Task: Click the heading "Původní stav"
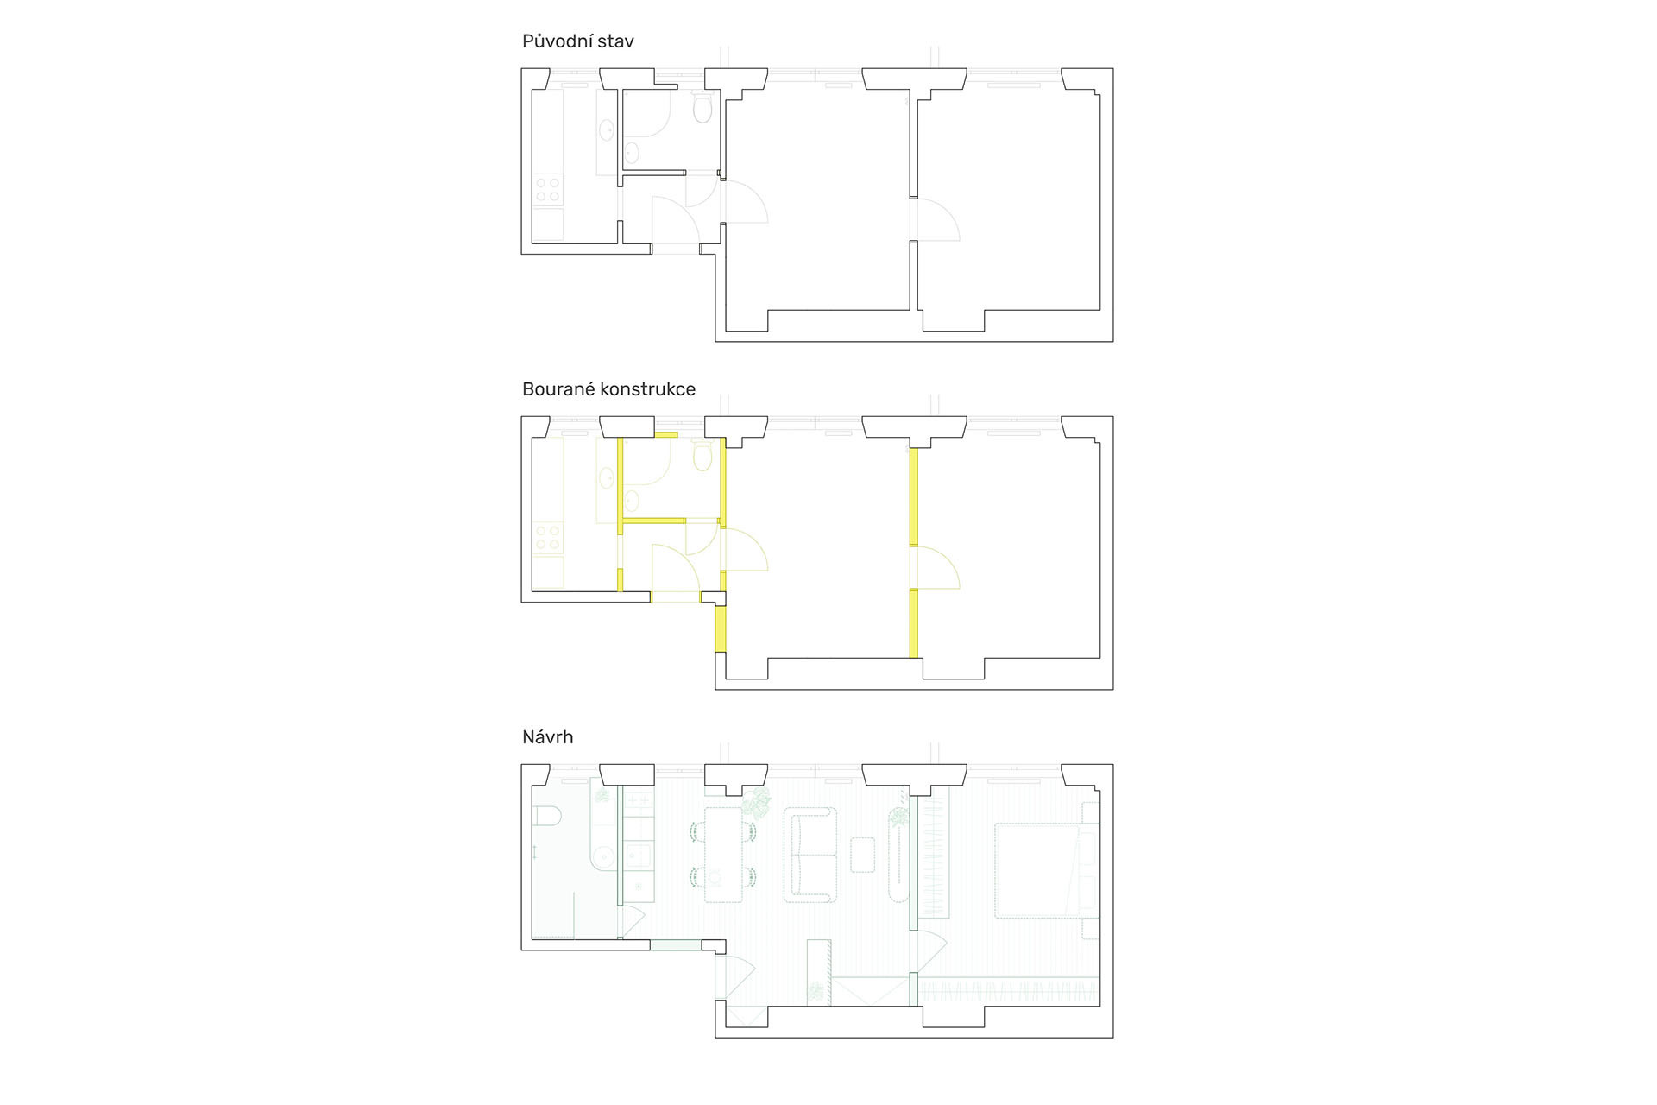pyautogui.click(x=577, y=41)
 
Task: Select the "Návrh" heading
pyautogui.click(x=547, y=737)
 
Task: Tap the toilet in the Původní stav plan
pyautogui.click(x=702, y=108)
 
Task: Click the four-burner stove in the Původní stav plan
pyautogui.click(x=547, y=189)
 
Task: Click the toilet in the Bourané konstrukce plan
pyautogui.click(x=702, y=456)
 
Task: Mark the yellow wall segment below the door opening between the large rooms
pyautogui.click(x=913, y=623)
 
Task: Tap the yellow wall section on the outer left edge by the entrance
pyautogui.click(x=720, y=628)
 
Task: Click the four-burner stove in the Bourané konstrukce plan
pyautogui.click(x=547, y=537)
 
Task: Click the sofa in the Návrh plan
pyautogui.click(x=810, y=855)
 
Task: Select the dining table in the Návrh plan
pyautogui.click(x=723, y=855)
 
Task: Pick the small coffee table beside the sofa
pyautogui.click(x=862, y=855)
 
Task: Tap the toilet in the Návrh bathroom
pyautogui.click(x=548, y=816)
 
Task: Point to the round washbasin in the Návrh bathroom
pyautogui.click(x=603, y=858)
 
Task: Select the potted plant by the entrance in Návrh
pyautogui.click(x=816, y=991)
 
